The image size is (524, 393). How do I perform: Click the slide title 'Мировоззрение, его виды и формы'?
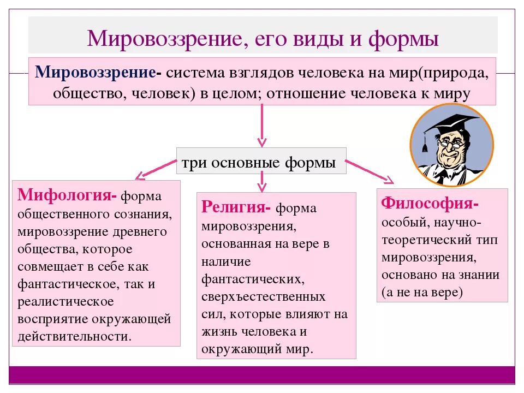263,39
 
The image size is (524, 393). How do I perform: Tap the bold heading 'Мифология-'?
67,195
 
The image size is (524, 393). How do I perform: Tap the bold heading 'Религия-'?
236,207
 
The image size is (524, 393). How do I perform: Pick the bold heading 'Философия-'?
430,203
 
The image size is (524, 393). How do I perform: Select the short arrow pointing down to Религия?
261,181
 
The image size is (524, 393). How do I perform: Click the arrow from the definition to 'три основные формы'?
261,125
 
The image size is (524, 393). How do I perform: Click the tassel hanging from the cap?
425,143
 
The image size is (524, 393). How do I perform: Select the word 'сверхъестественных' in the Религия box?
264,297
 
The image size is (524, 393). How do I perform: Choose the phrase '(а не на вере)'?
422,292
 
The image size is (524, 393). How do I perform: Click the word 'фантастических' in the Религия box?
252,279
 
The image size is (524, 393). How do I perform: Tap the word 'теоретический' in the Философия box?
416,239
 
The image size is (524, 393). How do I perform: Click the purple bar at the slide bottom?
262,374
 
